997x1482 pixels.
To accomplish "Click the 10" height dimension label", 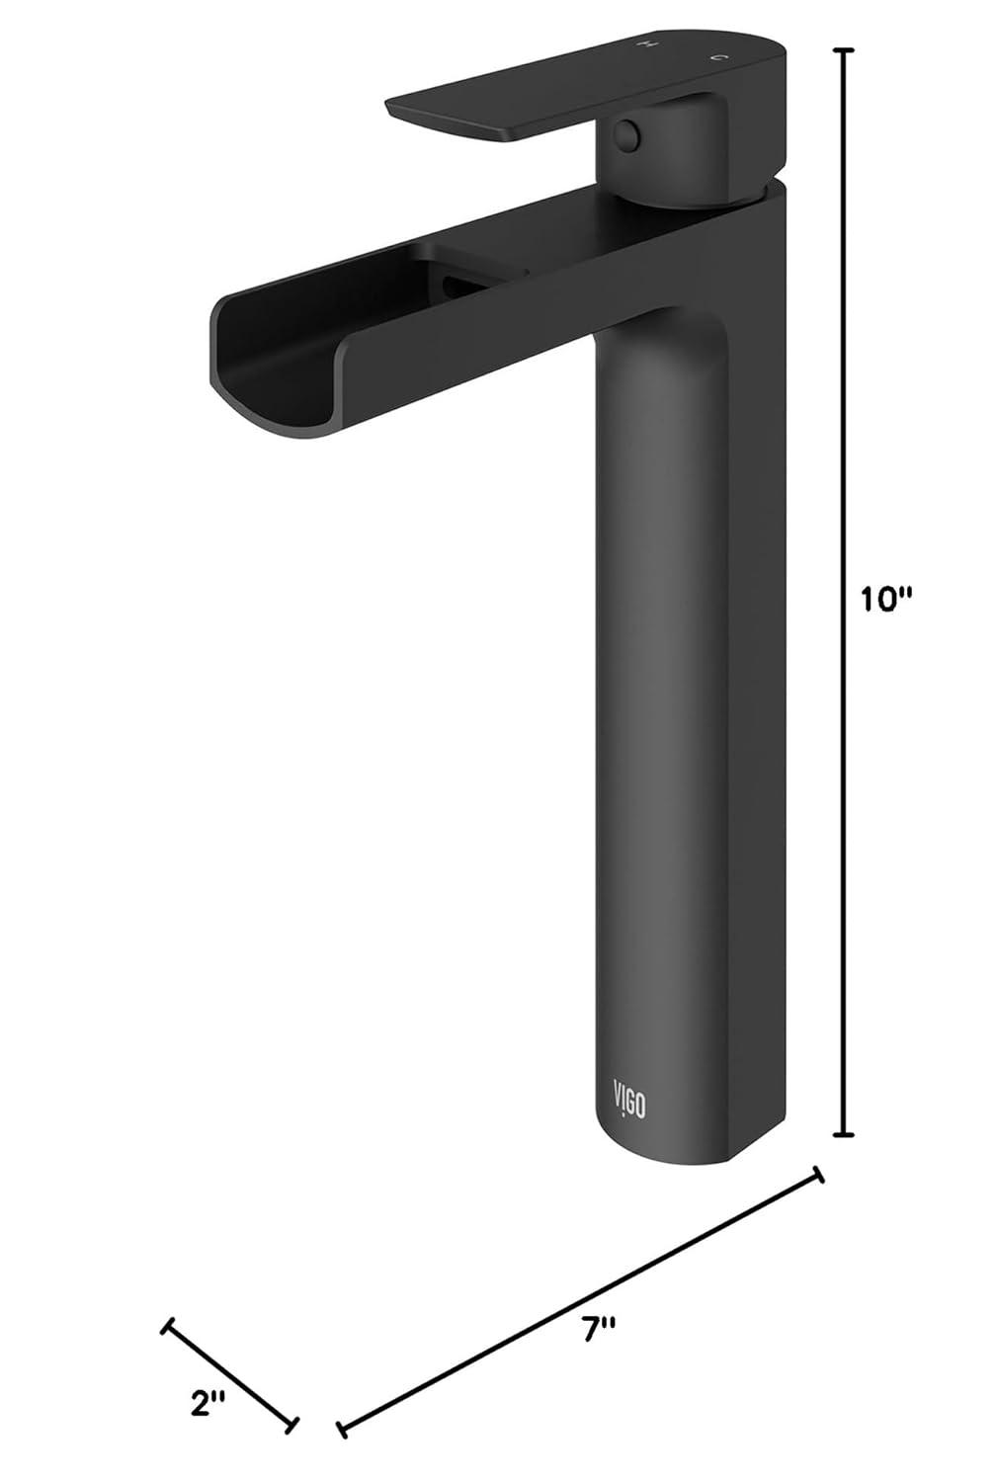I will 883,600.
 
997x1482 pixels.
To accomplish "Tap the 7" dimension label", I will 598,1330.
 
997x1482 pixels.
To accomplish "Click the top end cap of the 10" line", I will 843,49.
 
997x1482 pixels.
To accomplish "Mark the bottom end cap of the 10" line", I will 843,1134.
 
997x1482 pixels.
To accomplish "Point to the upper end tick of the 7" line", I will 817,1175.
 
